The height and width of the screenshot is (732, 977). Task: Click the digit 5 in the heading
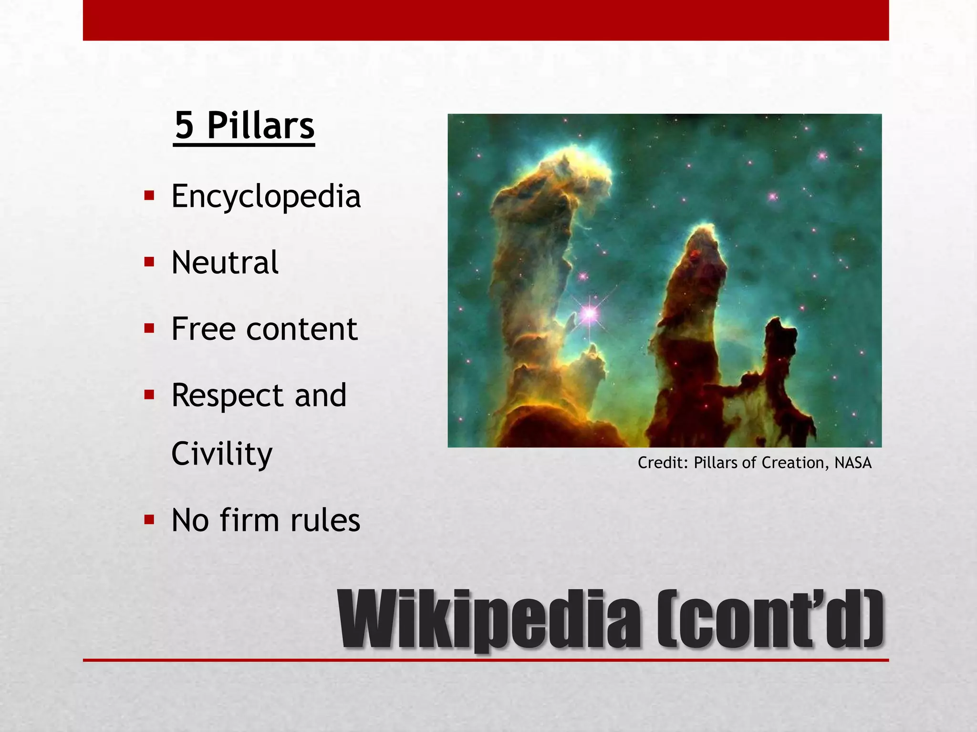pyautogui.click(x=185, y=125)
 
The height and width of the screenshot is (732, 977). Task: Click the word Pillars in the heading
pyautogui.click(x=260, y=125)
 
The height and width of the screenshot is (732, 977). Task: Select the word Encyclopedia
pyautogui.click(x=266, y=196)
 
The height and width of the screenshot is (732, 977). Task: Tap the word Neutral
pyautogui.click(x=225, y=263)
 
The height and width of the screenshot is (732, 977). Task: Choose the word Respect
pyautogui.click(x=228, y=396)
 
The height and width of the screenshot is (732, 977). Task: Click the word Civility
pyautogui.click(x=222, y=454)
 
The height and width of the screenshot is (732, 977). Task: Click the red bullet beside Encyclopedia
pyautogui.click(x=149, y=195)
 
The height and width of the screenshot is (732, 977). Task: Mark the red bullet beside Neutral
pyautogui.click(x=149, y=262)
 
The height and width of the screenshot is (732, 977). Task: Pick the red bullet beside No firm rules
pyautogui.click(x=149, y=519)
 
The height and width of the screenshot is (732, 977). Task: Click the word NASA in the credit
pyautogui.click(x=852, y=463)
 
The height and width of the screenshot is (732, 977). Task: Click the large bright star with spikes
pyautogui.click(x=590, y=313)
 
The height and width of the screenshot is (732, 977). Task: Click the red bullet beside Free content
pyautogui.click(x=149, y=328)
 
